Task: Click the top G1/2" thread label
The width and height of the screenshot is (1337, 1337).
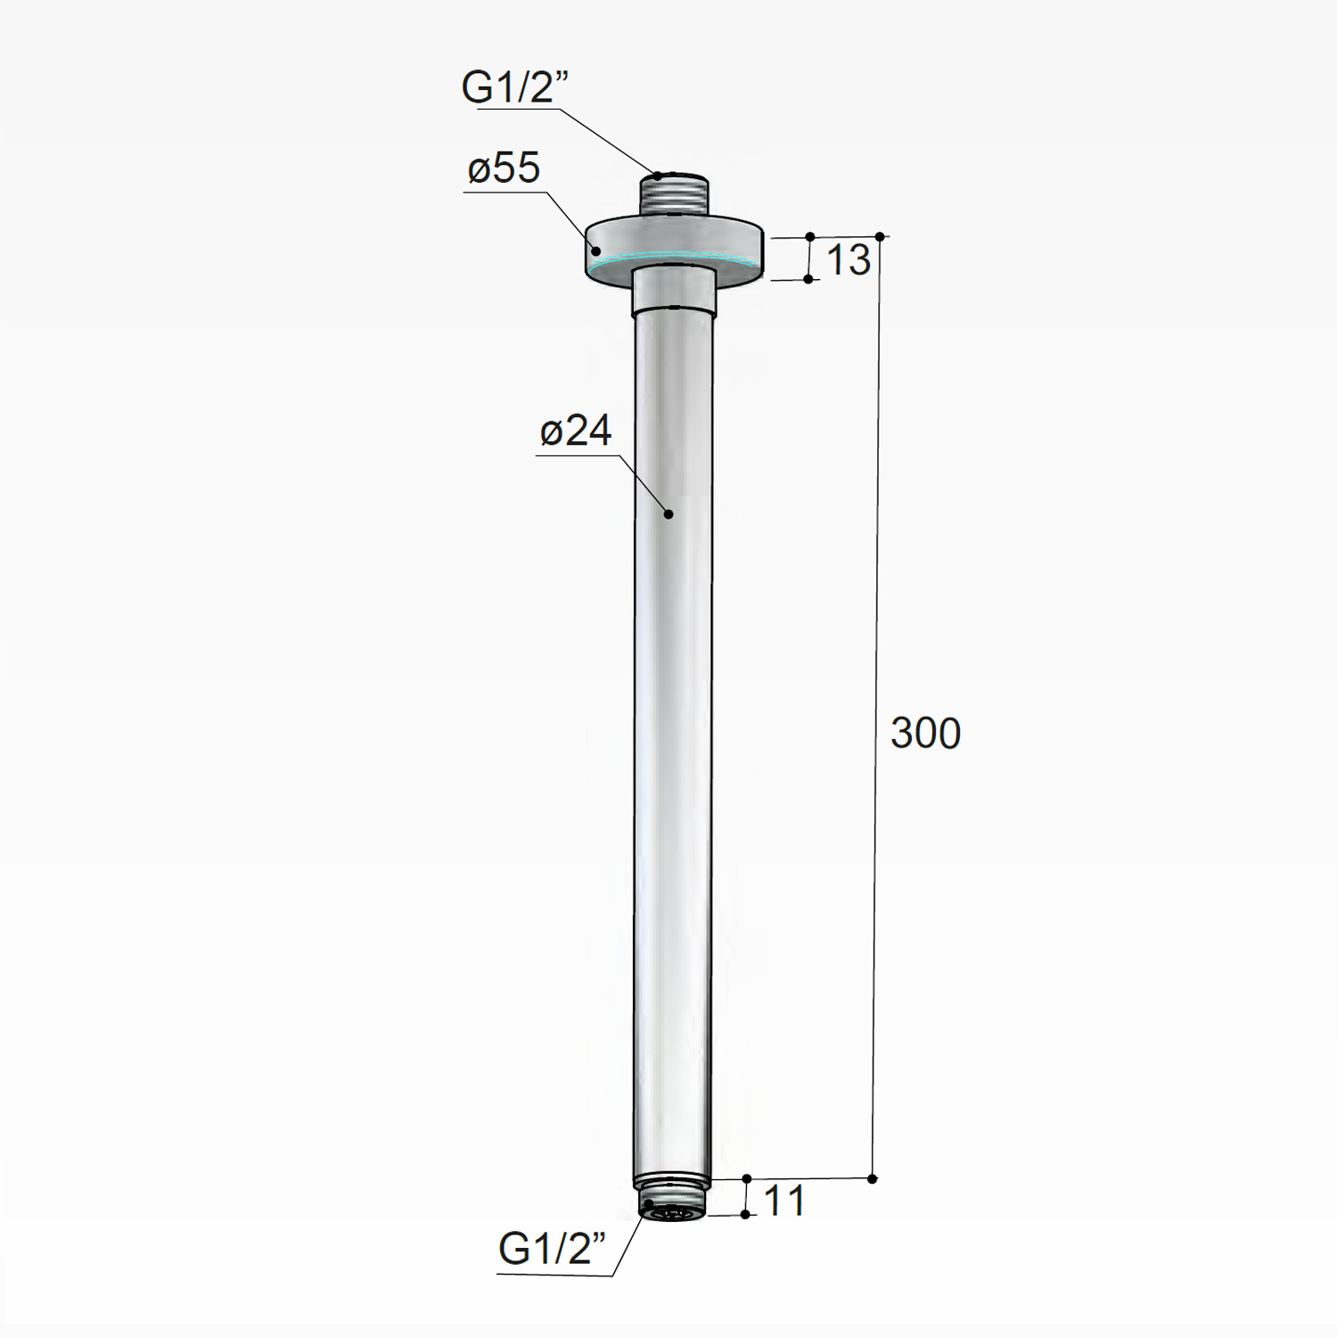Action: click(x=514, y=87)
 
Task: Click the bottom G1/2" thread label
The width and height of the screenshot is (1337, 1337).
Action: click(x=552, y=1249)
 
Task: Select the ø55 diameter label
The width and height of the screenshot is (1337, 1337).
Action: click(x=504, y=168)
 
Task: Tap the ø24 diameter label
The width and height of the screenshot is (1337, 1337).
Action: click(x=576, y=431)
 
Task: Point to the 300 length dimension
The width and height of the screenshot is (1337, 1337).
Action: click(x=925, y=734)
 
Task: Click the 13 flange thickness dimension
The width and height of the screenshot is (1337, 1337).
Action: click(x=848, y=260)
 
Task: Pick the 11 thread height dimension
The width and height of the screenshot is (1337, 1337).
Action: click(x=784, y=1202)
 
